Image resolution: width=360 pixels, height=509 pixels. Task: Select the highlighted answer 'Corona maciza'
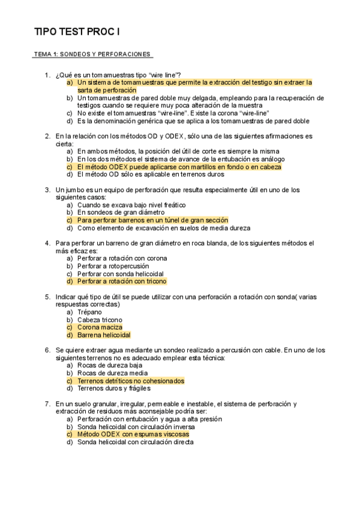100,327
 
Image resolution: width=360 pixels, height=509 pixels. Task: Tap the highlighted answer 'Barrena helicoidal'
104,335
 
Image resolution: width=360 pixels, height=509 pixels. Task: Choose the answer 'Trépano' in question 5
90,312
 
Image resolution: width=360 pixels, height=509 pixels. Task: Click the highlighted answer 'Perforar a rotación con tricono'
122,281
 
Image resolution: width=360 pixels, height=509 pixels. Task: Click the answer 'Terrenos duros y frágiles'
116,388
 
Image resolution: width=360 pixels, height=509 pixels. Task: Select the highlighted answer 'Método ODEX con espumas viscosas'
133,434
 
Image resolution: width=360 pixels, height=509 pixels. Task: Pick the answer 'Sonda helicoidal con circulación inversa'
136,426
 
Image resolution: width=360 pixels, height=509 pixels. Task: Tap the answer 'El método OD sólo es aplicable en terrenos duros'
151,175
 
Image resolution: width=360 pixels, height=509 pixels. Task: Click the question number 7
47,403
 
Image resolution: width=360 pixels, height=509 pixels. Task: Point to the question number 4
47,243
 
